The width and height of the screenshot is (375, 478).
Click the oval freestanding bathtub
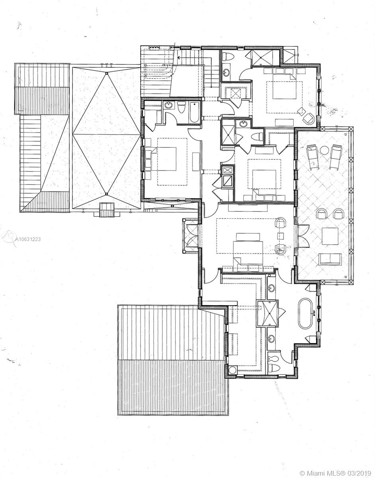(x=305, y=313)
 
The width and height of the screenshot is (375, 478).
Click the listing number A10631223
(x=28, y=239)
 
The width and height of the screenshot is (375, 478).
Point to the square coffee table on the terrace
(x=330, y=236)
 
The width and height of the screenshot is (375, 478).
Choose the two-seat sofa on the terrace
(x=330, y=259)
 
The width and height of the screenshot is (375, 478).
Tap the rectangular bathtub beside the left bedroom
(x=194, y=113)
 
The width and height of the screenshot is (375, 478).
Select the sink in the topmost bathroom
(x=226, y=72)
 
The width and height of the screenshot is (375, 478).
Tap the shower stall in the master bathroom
(x=267, y=313)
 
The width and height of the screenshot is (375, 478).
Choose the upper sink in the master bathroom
(x=271, y=288)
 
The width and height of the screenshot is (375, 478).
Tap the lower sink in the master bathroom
(x=271, y=339)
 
